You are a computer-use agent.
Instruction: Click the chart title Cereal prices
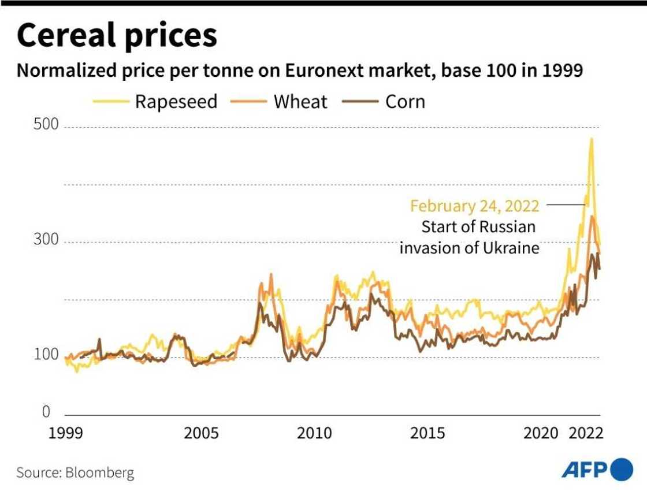[117, 35]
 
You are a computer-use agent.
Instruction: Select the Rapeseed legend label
[176, 102]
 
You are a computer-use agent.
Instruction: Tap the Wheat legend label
[300, 102]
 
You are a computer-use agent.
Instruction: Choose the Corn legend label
[405, 102]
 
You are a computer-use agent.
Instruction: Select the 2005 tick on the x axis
[201, 433]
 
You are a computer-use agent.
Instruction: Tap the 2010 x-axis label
[314, 433]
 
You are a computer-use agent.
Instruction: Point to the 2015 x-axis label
[427, 433]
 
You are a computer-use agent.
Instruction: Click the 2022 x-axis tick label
[585, 433]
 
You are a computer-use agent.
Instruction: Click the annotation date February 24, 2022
[475, 206]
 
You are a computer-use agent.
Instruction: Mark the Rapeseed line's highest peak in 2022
[591, 139]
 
